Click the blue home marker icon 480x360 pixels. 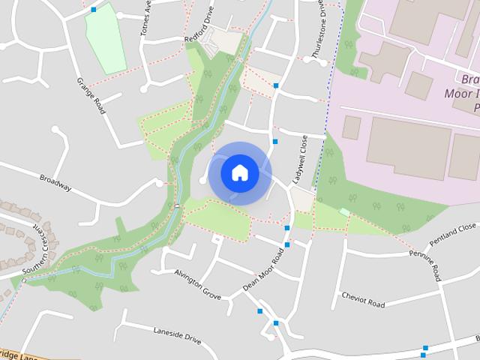240,172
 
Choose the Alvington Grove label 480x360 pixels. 197,284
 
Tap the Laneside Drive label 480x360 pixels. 177,334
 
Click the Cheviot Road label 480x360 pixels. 363,300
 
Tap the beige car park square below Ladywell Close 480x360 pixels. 302,199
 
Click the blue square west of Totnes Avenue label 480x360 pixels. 93,10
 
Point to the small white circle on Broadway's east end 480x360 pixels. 158,182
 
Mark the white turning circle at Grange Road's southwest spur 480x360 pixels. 55,130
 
